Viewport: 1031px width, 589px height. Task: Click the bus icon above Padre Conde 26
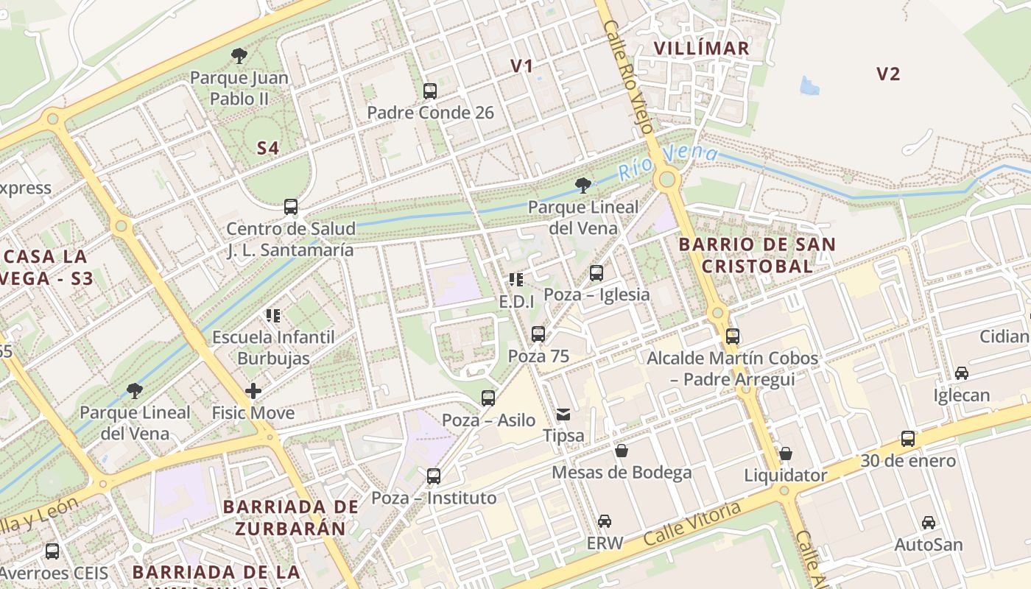point(430,91)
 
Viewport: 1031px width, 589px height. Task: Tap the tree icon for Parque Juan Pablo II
point(239,55)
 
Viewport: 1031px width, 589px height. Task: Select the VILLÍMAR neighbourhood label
point(701,49)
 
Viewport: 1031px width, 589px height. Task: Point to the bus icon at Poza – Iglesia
point(597,273)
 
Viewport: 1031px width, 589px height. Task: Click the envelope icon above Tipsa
point(563,415)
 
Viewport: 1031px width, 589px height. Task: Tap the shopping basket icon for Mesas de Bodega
point(622,451)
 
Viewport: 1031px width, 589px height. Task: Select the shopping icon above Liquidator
point(786,454)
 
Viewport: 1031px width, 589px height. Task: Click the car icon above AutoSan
point(929,523)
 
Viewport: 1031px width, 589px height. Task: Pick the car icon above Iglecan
point(962,373)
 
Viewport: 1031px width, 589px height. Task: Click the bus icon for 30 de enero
point(908,439)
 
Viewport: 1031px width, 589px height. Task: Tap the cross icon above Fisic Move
point(253,391)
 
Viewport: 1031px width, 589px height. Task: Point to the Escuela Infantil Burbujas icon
point(273,316)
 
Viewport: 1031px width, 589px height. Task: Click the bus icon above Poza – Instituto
point(434,476)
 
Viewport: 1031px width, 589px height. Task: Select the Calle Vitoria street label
point(692,523)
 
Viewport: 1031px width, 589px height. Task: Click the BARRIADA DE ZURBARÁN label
point(291,518)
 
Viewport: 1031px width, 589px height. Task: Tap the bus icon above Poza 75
point(538,334)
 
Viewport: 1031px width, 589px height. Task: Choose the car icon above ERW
point(605,521)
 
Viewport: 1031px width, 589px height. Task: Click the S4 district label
point(268,148)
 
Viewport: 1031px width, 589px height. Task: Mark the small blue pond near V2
point(809,86)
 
